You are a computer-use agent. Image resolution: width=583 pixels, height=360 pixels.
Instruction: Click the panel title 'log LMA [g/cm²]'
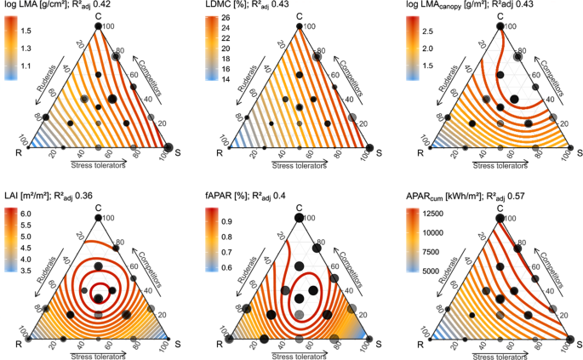(34, 5)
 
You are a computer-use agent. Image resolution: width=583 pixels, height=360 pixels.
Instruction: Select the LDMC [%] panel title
(226, 5)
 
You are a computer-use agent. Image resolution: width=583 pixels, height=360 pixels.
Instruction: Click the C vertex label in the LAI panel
(98, 205)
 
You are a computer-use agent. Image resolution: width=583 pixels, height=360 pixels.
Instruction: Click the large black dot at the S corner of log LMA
(168, 147)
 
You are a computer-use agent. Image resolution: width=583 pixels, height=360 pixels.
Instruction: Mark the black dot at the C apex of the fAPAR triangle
(299, 217)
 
